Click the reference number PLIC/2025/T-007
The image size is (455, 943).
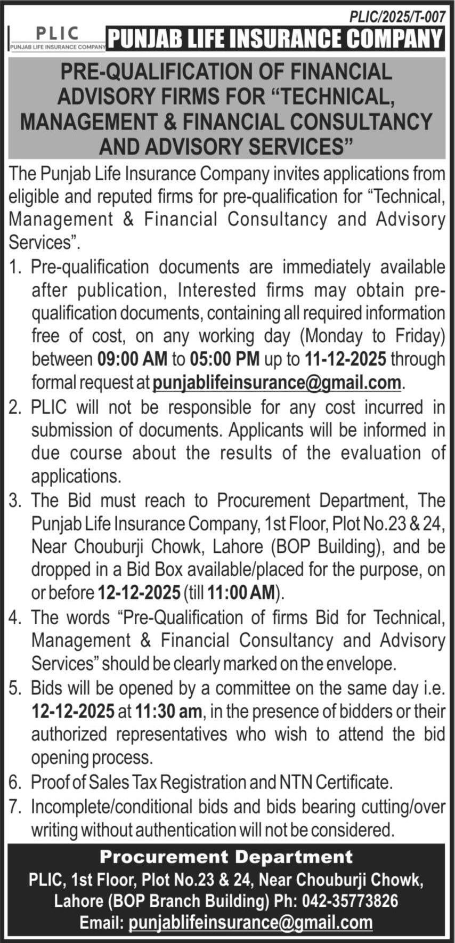click(x=397, y=17)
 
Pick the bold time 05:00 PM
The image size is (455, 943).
click(x=224, y=359)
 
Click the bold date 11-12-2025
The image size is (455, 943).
click(x=345, y=359)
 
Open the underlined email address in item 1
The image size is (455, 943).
click(x=277, y=382)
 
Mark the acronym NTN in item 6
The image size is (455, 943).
click(x=295, y=782)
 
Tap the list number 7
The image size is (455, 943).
click(x=14, y=807)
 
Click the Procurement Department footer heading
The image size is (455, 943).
click(x=226, y=857)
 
